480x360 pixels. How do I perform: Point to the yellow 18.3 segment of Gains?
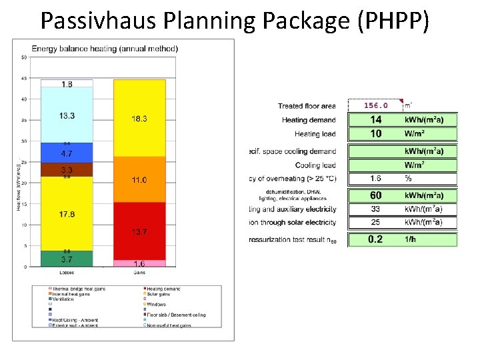(x=139, y=118)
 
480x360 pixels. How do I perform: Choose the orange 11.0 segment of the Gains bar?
(x=139, y=180)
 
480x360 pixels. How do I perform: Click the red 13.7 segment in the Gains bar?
(x=139, y=231)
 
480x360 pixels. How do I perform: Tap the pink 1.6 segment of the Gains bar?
(x=139, y=263)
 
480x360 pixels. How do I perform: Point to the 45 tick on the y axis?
(x=24, y=78)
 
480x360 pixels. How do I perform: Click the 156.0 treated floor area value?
(x=376, y=105)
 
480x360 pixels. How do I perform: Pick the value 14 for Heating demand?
(x=376, y=120)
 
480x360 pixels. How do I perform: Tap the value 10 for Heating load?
(x=376, y=133)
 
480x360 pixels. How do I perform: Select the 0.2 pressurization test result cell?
(x=376, y=239)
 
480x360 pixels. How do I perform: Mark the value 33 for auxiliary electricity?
(x=376, y=209)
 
